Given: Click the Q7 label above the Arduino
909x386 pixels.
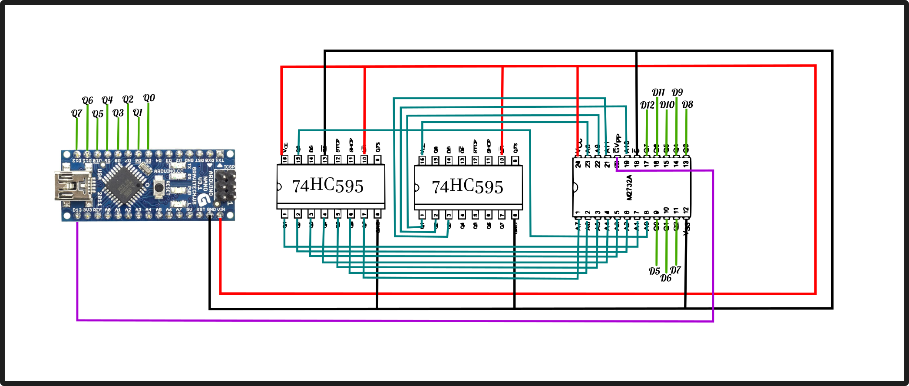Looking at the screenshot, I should click(76, 113).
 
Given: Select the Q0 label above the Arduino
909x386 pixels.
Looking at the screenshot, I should click(149, 98).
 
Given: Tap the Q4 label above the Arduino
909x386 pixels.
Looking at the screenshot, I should click(107, 100).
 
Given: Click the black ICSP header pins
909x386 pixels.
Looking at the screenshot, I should click(226, 186).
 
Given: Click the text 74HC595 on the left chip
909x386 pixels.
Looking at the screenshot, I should click(328, 186).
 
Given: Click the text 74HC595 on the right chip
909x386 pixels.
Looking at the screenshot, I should click(467, 187).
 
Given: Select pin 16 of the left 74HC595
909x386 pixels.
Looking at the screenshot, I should click(284, 160).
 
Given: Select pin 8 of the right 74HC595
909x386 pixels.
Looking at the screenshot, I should click(515, 215).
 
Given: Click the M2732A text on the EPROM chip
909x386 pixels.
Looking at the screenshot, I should click(629, 187).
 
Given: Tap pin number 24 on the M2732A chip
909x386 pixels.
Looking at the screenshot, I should click(578, 164).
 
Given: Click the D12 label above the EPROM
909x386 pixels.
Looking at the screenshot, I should click(647, 105).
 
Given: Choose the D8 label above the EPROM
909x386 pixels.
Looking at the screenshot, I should click(688, 105).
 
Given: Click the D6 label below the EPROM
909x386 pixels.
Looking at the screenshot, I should click(666, 278).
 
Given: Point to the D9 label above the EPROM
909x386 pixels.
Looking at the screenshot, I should click(677, 93).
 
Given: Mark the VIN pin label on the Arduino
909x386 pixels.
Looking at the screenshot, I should click(221, 210).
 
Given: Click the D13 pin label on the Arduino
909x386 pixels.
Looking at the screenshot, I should click(77, 210).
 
